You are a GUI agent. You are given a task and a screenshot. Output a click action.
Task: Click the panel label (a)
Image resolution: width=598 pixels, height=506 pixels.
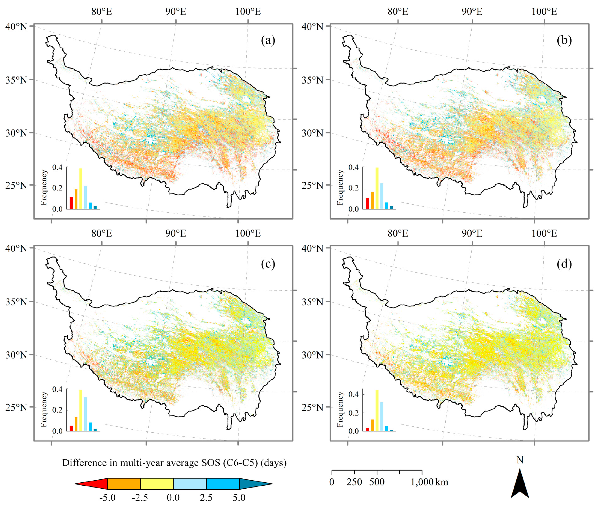[268, 41]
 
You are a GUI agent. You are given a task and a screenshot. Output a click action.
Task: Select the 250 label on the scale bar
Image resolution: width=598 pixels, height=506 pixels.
[354, 482]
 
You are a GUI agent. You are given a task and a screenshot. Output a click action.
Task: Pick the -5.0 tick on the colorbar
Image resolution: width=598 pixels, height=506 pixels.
[108, 497]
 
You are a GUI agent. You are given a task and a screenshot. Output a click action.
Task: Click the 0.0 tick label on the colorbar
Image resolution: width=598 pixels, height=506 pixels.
[173, 497]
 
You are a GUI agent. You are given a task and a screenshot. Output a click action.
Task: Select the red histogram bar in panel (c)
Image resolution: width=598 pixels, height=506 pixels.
[71, 428]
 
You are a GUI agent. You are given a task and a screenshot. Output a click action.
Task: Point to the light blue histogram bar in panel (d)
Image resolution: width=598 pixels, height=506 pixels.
[382, 416]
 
